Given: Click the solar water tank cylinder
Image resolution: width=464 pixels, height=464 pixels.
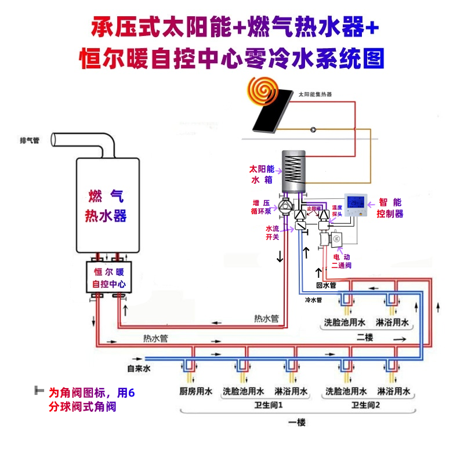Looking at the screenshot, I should pos(293,171).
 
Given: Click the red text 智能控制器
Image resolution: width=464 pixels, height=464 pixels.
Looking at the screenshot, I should pos(390,208).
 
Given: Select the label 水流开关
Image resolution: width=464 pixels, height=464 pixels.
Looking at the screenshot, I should pos(273,233).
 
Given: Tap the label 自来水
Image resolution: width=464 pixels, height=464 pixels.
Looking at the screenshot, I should pos(139,368).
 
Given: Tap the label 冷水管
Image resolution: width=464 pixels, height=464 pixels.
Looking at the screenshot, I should pos(313,300).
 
